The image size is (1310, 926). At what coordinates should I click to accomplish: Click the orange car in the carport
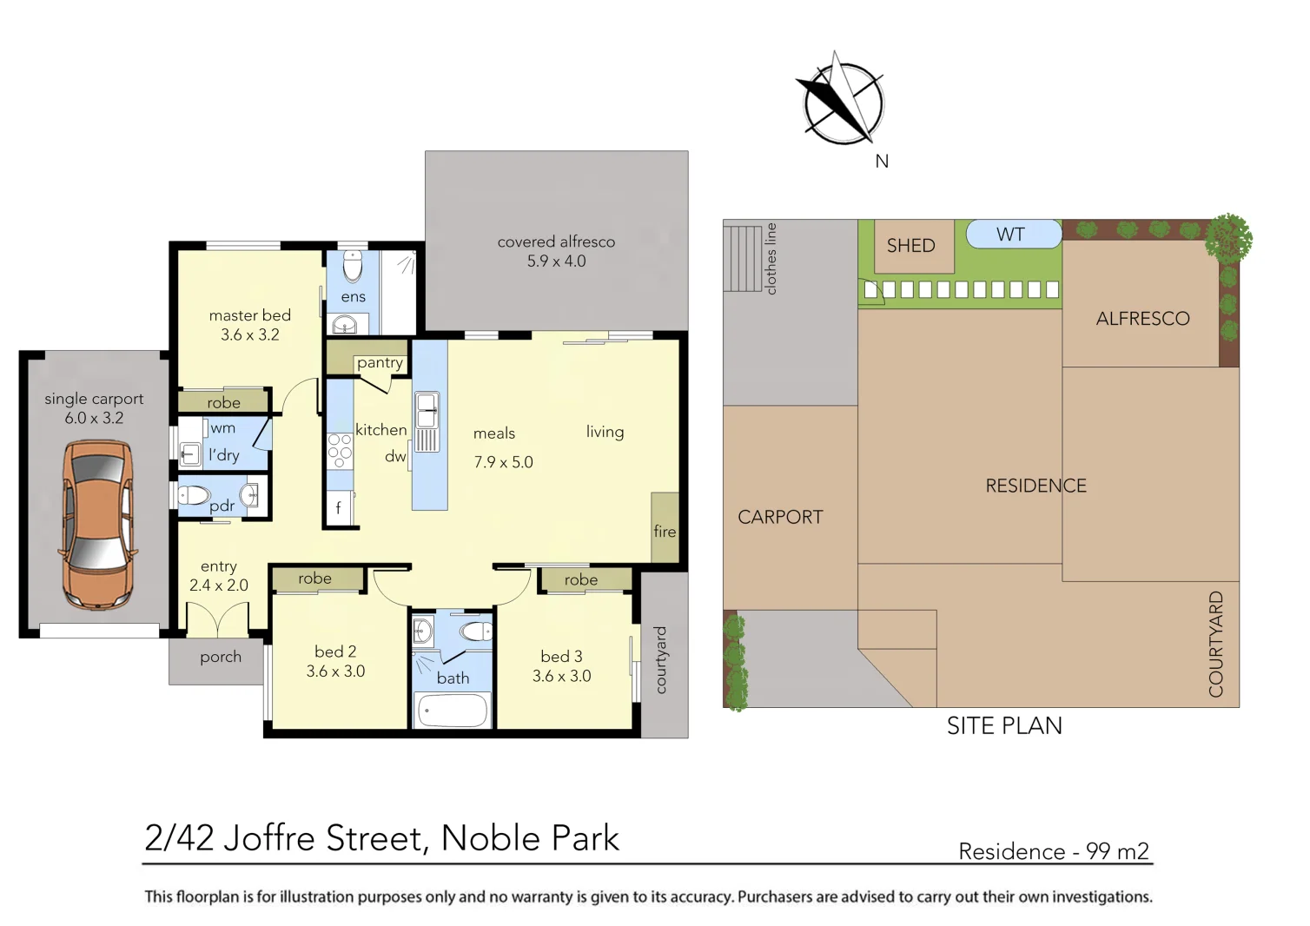point(96,524)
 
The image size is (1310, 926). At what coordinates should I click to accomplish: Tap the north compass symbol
point(842,102)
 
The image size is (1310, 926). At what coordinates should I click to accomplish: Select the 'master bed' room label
point(250,316)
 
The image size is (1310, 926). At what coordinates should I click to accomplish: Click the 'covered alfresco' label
point(556,242)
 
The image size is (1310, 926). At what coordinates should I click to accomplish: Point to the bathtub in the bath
point(453,711)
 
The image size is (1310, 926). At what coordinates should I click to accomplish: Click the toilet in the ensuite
point(353,268)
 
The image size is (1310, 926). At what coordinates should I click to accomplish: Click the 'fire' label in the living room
point(665,532)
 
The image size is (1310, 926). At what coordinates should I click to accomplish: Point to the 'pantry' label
point(380,363)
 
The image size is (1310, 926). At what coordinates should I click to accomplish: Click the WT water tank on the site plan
point(1011,235)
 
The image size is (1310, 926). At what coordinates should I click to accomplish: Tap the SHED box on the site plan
point(910,246)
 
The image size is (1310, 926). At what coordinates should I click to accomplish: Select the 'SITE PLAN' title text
point(1004,726)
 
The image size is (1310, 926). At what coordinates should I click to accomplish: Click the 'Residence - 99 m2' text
point(1053,851)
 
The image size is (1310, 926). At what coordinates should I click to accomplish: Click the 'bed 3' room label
point(561,657)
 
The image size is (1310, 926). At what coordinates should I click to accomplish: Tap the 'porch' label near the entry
point(221,658)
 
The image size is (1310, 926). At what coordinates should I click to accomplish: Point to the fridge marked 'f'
point(339,508)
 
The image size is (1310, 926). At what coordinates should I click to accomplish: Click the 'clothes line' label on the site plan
point(771,259)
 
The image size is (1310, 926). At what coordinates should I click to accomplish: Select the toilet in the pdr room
point(195,496)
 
